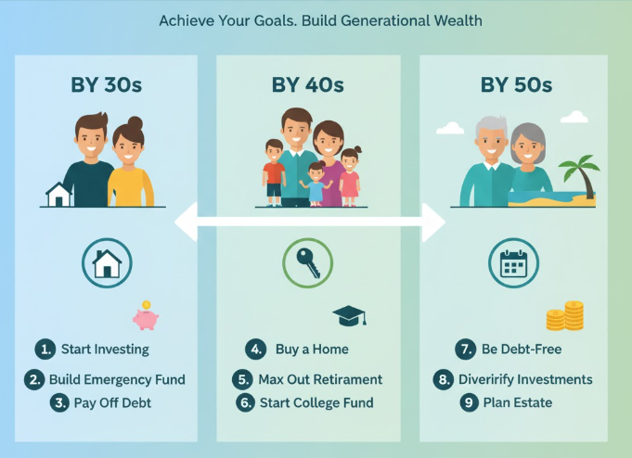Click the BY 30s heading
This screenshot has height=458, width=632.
point(107,85)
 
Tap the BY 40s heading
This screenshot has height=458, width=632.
point(307,85)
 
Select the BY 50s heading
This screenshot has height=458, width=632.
point(516,85)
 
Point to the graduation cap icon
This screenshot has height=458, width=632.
point(350,315)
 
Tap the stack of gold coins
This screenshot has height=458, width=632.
point(564,317)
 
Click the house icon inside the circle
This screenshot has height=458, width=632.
point(108,264)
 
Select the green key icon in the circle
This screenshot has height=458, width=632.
point(307,264)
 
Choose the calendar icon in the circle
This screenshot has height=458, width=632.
point(513,265)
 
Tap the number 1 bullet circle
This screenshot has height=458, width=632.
point(45,350)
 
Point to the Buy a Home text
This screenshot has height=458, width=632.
point(312,350)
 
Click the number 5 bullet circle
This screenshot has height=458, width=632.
point(242,379)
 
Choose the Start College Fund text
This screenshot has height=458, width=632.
point(317,402)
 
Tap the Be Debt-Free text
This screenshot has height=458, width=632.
point(522,350)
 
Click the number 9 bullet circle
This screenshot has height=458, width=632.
point(469,402)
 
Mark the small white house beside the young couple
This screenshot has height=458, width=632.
point(59,195)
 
